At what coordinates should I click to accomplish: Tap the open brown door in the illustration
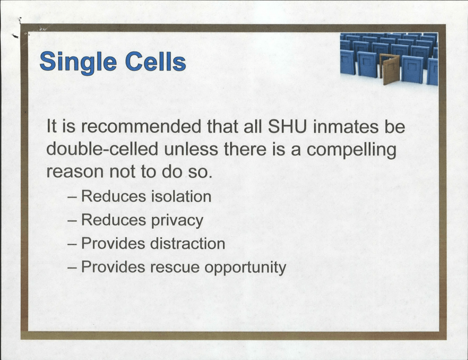tap(389, 69)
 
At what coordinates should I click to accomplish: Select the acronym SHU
tap(287, 126)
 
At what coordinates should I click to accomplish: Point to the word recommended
tap(141, 126)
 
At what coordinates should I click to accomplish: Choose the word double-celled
tap(102, 149)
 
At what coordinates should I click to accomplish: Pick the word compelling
tap(351, 150)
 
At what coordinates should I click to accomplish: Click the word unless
tap(191, 149)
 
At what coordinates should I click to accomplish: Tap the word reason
tap(75, 172)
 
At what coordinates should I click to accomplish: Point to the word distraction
tap(188, 243)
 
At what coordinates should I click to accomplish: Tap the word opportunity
tap(245, 268)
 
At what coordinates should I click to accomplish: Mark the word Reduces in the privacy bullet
tap(114, 220)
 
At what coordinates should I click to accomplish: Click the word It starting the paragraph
tap(51, 126)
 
